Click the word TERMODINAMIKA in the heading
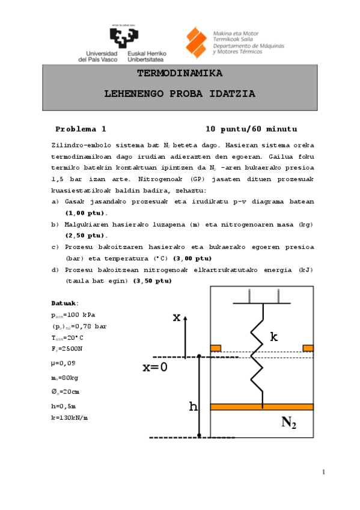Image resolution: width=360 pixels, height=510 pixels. [x=180, y=74]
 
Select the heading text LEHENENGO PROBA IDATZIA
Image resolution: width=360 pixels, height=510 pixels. [x=180, y=94]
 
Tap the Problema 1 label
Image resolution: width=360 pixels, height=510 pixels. [x=81, y=129]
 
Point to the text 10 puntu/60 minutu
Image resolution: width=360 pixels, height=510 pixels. [x=251, y=129]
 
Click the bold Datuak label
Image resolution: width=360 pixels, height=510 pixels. [x=65, y=303]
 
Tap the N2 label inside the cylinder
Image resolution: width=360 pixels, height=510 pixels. [x=288, y=423]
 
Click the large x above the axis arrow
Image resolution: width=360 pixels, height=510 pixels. [x=177, y=318]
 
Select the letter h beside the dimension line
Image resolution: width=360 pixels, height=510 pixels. [x=193, y=407]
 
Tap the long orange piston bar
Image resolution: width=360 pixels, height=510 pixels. [x=262, y=407]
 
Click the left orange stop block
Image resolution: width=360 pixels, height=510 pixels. [x=216, y=348]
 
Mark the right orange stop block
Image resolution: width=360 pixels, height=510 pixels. [x=308, y=348]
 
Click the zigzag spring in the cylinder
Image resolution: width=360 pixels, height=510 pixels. [x=263, y=355]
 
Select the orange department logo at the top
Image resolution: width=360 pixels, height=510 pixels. [x=197, y=43]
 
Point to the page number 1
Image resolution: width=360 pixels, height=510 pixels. [x=323, y=472]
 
